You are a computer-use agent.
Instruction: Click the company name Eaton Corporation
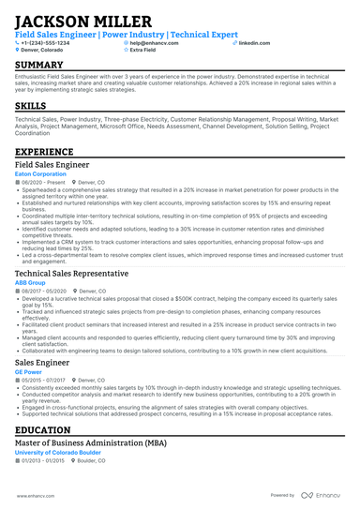coord(42,174)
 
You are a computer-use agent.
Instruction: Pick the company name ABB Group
coord(30,281)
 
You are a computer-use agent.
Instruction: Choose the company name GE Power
coord(28,372)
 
